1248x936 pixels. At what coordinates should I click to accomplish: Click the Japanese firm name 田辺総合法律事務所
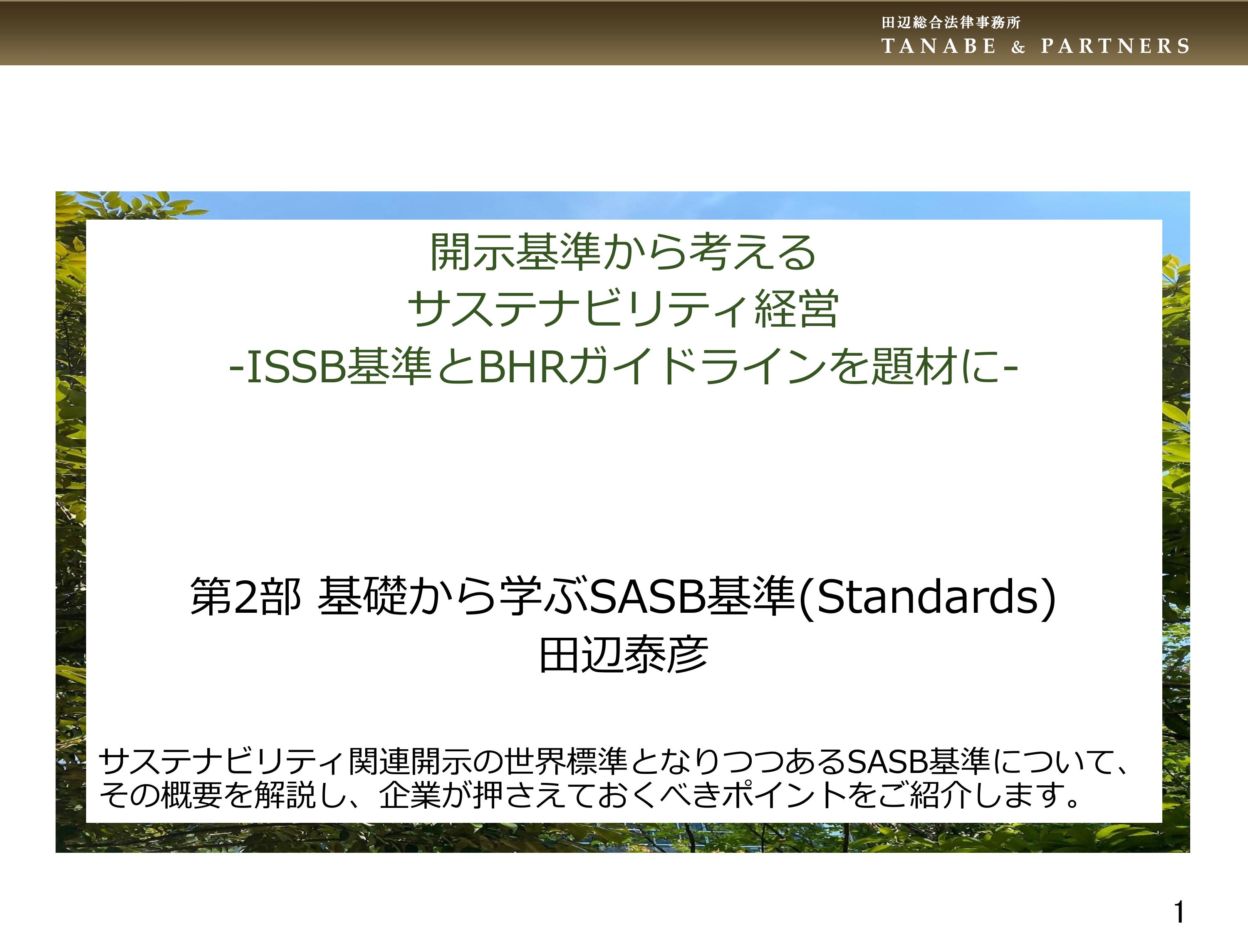click(x=951, y=22)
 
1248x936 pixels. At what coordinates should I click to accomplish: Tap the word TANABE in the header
click(x=939, y=46)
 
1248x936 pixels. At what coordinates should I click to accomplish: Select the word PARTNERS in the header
click(x=1115, y=46)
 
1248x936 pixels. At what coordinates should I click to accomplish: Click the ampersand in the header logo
click(x=1018, y=47)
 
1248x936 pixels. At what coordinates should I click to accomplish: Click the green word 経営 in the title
click(x=796, y=309)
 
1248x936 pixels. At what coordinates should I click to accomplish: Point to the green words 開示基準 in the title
click(x=516, y=252)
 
